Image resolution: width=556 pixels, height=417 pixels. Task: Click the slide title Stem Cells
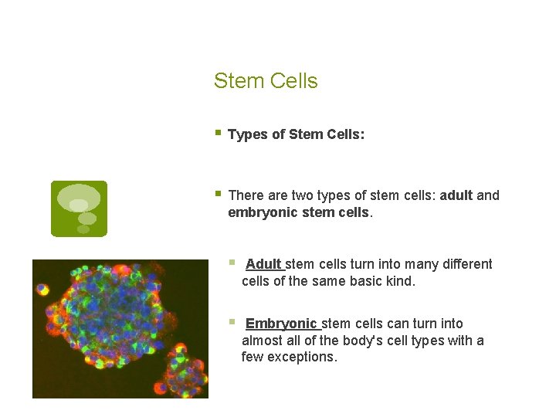(x=266, y=81)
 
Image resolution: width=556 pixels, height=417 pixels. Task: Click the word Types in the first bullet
(x=247, y=134)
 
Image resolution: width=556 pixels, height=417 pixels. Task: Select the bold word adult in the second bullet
(x=456, y=195)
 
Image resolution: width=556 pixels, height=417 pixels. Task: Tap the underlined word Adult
(x=263, y=264)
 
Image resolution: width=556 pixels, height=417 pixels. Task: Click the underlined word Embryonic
(x=281, y=324)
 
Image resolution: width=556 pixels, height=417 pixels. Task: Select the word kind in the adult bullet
(x=400, y=281)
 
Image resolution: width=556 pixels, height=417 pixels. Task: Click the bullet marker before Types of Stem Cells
(x=219, y=134)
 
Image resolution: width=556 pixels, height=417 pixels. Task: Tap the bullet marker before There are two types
(x=219, y=195)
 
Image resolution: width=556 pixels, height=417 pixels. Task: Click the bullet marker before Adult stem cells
(x=232, y=263)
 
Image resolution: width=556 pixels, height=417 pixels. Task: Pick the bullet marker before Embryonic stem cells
(x=232, y=323)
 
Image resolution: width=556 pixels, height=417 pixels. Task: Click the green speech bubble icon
(x=79, y=208)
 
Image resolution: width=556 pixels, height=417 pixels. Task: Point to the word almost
(x=260, y=341)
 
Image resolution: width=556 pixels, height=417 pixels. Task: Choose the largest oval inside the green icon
(x=79, y=195)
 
